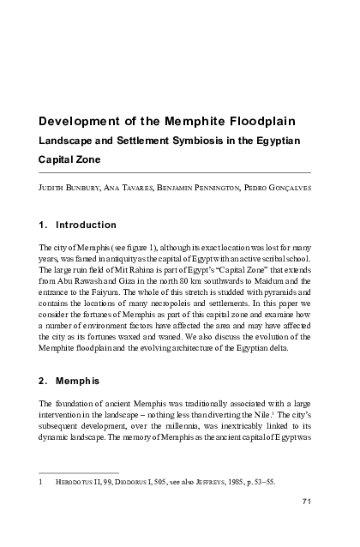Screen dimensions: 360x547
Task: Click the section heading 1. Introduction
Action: coord(78,225)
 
